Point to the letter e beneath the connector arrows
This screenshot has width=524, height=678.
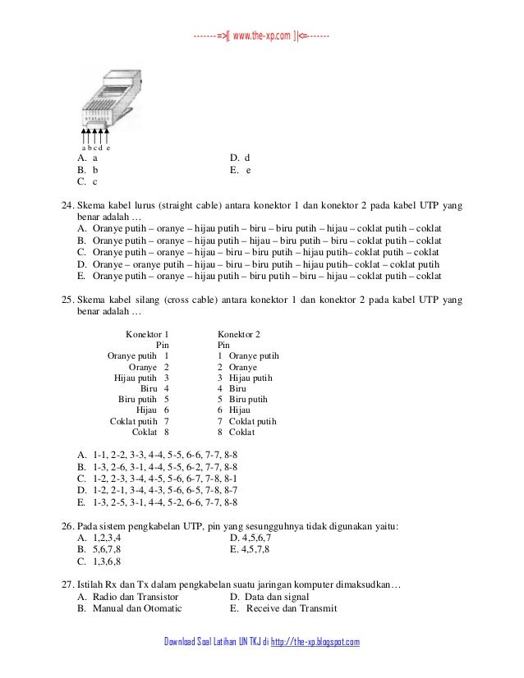109,148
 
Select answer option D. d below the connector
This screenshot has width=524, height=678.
241,157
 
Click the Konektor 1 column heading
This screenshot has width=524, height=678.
147,335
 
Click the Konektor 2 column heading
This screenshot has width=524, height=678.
239,335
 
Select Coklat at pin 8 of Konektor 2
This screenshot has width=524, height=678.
241,431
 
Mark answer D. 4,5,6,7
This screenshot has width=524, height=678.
257,538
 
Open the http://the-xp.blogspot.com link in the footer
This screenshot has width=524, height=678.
315,641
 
